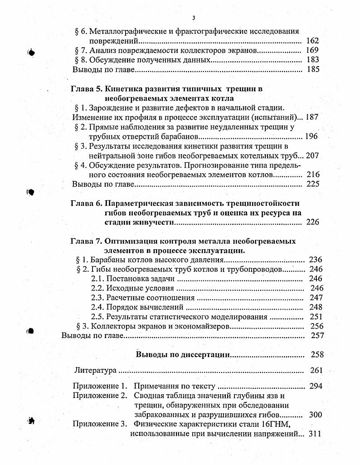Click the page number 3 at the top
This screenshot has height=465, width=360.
pos(194,18)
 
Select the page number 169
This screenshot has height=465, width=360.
pos(312,50)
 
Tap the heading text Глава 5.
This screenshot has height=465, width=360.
pos(84,89)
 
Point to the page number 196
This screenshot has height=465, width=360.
pos(311,136)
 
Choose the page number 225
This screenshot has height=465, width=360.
pos(312,184)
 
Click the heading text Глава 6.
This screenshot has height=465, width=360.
pos(84,203)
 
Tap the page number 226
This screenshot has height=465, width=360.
pos(312,222)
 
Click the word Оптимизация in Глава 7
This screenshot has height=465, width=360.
pos(130,241)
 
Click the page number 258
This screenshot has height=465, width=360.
pos(317,354)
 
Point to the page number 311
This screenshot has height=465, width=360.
pos(314,434)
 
